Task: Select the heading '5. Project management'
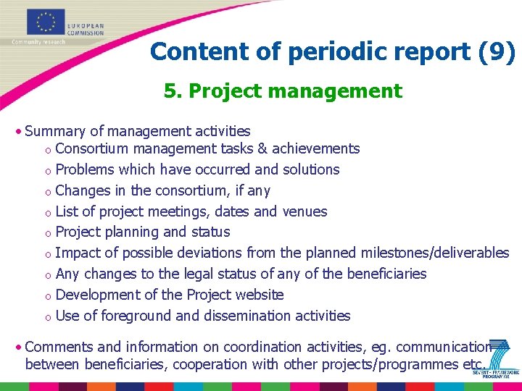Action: point(283,91)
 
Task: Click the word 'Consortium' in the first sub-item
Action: point(91,148)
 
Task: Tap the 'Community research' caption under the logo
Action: point(38,42)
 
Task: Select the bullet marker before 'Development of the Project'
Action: point(46,295)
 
